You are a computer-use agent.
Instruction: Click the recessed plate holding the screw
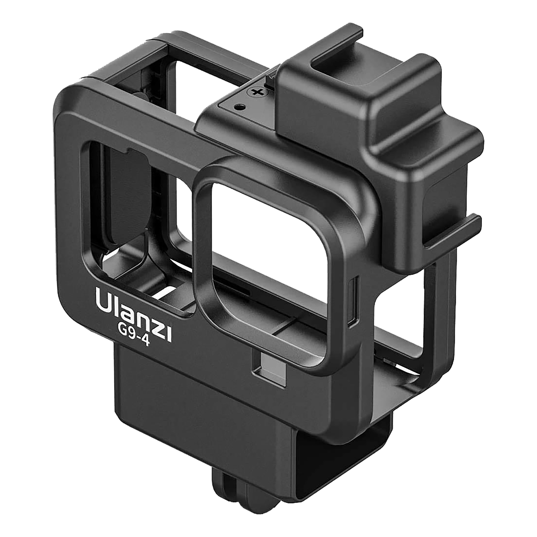tap(245, 106)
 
